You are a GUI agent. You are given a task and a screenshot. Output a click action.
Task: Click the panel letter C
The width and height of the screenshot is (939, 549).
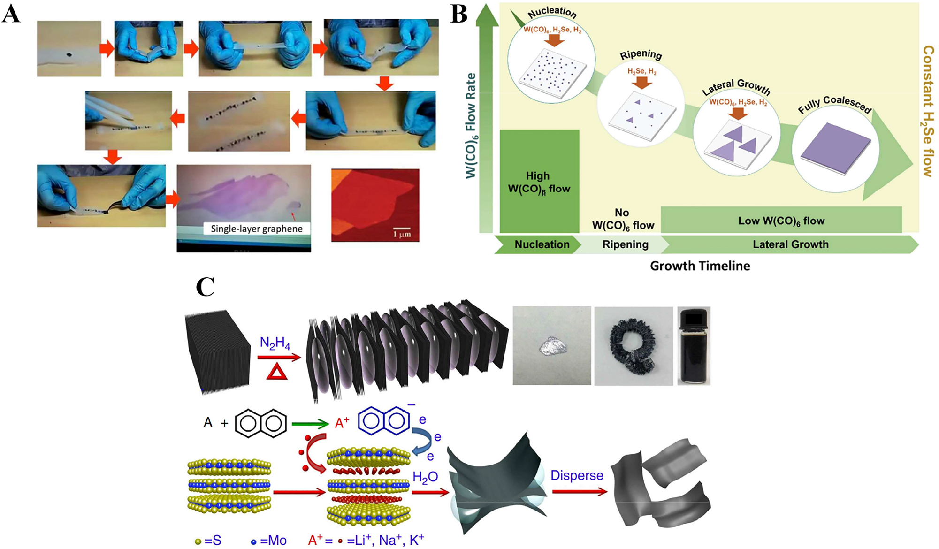pos(205,286)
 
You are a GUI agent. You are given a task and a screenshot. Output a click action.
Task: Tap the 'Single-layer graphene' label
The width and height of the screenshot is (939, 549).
pos(256,229)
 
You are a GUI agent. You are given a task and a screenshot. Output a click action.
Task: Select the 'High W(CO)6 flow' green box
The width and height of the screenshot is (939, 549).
pos(539,182)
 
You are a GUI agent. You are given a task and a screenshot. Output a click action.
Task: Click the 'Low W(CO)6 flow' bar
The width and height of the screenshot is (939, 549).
pos(781,221)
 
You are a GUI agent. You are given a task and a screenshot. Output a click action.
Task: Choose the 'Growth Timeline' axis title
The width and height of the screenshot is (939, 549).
pos(700,266)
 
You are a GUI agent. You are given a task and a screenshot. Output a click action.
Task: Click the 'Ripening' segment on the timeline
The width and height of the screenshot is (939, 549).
pos(625,244)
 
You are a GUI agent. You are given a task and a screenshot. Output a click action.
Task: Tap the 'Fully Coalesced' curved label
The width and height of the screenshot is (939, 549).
pos(835,105)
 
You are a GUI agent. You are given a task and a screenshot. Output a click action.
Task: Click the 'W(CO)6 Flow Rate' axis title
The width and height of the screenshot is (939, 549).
pos(470,126)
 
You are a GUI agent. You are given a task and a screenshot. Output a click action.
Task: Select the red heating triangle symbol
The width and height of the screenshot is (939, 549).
pos(276,372)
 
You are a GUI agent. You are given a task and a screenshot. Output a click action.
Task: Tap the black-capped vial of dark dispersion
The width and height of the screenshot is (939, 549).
pos(694,346)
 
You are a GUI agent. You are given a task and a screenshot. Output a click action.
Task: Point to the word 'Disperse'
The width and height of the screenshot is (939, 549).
pos(577,475)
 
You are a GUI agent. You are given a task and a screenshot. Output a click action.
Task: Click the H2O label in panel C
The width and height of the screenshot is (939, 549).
pos(425,477)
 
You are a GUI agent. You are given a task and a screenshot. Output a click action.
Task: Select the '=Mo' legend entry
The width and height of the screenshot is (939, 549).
pos(269,541)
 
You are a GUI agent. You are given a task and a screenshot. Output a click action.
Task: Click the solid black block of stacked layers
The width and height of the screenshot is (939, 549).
pos(217,351)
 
